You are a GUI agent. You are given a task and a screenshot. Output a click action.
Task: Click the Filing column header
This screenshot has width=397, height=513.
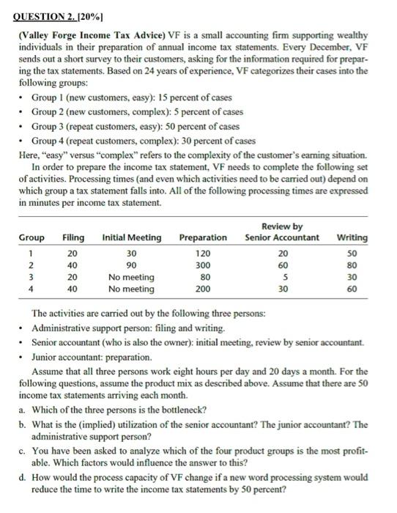[73, 237]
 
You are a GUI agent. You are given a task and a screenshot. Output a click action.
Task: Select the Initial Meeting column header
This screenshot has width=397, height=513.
[132, 237]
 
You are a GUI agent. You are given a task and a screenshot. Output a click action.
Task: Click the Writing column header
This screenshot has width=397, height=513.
[352, 237]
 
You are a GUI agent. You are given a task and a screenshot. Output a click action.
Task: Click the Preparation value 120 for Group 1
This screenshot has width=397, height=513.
[205, 254]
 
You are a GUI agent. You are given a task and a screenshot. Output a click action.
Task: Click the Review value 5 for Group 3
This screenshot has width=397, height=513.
[283, 278]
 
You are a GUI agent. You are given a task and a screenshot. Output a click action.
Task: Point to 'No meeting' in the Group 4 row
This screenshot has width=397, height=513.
[131, 289]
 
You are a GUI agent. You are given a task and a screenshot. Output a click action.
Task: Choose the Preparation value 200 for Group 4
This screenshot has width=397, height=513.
[205, 289]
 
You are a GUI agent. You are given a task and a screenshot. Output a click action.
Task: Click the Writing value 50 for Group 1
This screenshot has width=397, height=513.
[352, 254]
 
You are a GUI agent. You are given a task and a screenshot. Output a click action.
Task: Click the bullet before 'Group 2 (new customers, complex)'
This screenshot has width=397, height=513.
[23, 112]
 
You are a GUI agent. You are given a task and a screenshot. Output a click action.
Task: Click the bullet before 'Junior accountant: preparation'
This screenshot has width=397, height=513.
[23, 358]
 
